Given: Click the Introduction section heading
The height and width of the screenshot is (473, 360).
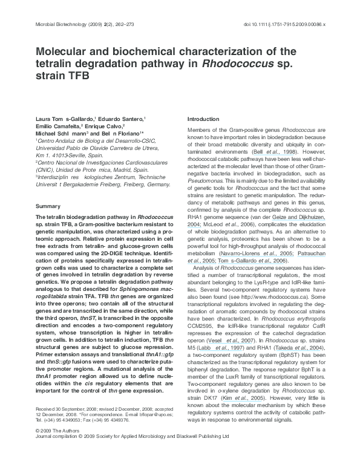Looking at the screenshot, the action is pyautogui.click(x=203, y=119).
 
